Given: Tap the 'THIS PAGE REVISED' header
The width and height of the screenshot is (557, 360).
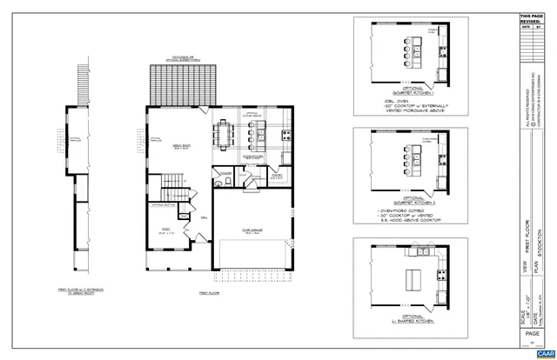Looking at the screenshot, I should pos(531,18).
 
